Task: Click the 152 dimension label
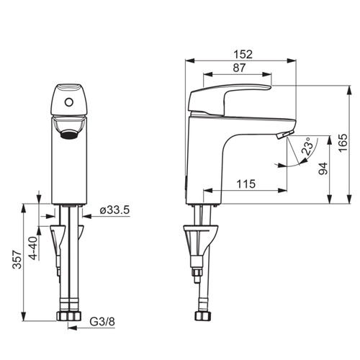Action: [243, 54]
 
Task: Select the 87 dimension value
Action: [239, 68]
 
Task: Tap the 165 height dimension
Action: [343, 143]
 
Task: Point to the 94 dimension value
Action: [323, 168]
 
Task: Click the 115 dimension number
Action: [246, 184]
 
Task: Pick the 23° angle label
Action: [308, 146]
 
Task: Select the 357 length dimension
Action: [17, 259]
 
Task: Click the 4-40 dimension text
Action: [33, 248]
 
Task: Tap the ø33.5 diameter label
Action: [114, 210]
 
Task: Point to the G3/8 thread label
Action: [102, 322]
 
